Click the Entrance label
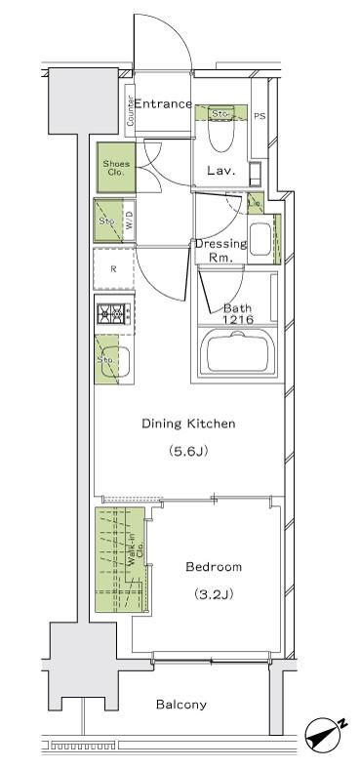pyautogui.click(x=163, y=103)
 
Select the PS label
pyautogui.click(x=260, y=116)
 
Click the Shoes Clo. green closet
pyautogui.click(x=116, y=168)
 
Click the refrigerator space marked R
pyautogui.click(x=113, y=269)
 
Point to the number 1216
pyautogui.click(x=237, y=320)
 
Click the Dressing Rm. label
pyautogui.click(x=220, y=250)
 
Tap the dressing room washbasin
pyautogui.click(x=260, y=239)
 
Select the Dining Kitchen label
pyautogui.click(x=188, y=424)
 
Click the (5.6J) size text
pyautogui.click(x=188, y=451)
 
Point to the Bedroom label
pyautogui.click(x=214, y=567)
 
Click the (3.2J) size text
pyautogui.click(x=213, y=595)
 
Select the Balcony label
pyautogui.click(x=181, y=705)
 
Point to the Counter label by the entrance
pyautogui.click(x=131, y=109)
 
